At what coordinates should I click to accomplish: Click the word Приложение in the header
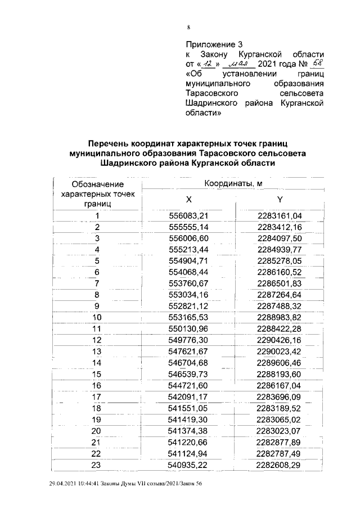(210, 44)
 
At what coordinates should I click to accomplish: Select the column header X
(189, 200)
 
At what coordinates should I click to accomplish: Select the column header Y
(280, 200)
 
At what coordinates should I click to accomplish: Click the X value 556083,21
(189, 215)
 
